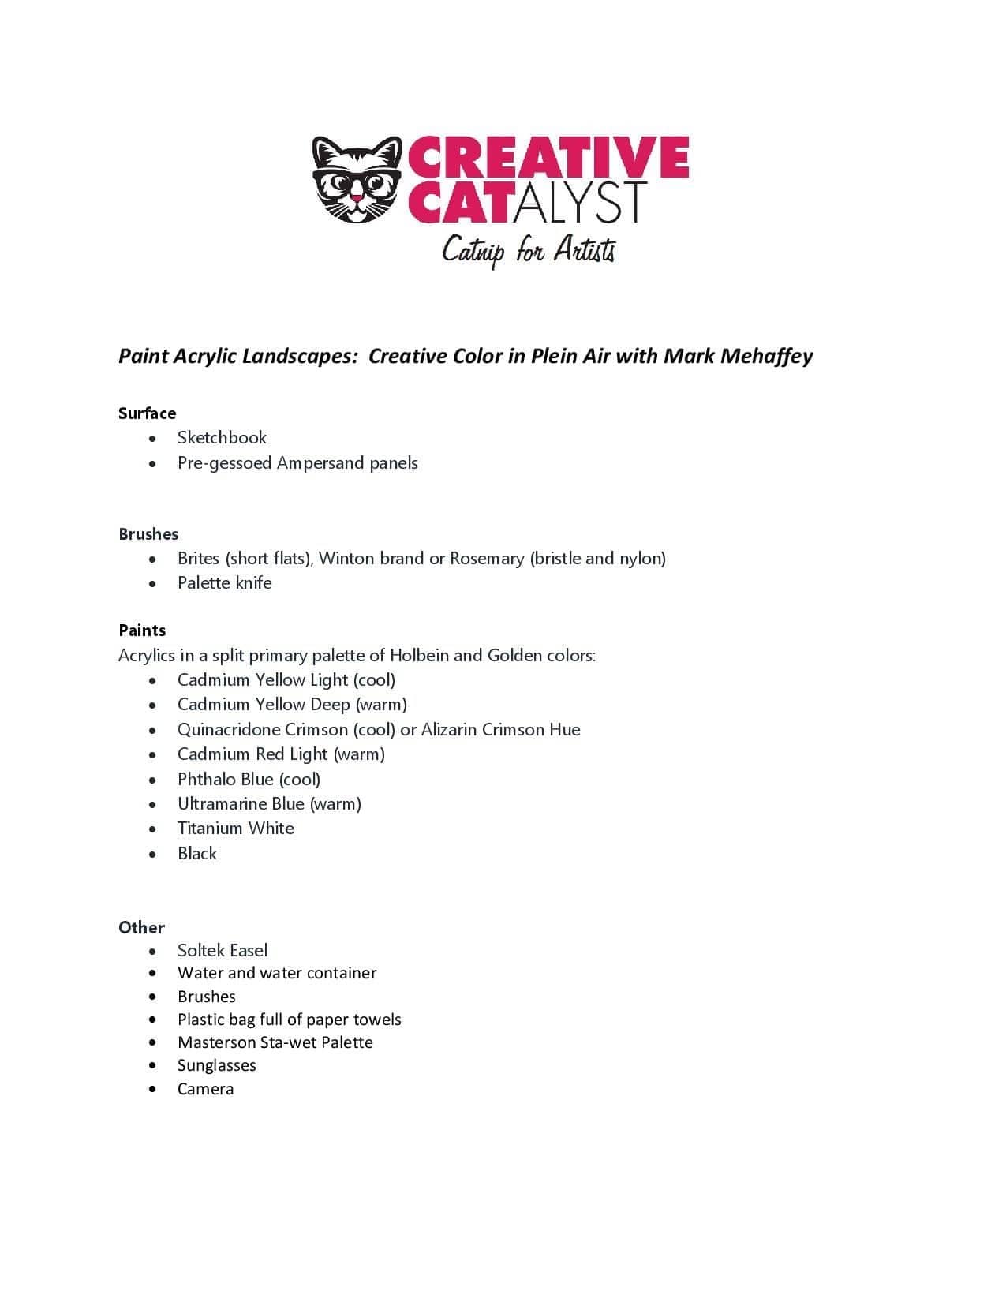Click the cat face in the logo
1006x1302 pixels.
pyautogui.click(x=357, y=180)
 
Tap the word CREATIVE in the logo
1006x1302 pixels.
pyautogui.click(x=548, y=156)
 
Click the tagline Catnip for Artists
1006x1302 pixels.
pyautogui.click(x=528, y=250)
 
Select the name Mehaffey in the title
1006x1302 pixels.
pyautogui.click(x=766, y=356)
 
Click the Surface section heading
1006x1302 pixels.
pyautogui.click(x=147, y=413)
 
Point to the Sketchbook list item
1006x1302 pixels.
pyautogui.click(x=222, y=438)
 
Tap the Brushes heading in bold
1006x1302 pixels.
pyautogui.click(x=148, y=534)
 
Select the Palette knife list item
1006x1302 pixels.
pyautogui.click(x=224, y=583)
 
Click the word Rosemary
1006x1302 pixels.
pyautogui.click(x=487, y=559)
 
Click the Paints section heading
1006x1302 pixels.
pyautogui.click(x=142, y=630)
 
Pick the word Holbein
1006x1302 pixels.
pyautogui.click(x=419, y=655)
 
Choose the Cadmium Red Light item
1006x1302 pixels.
pyautogui.click(x=281, y=754)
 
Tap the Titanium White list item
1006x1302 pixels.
pyautogui.click(x=235, y=829)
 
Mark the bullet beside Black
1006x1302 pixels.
pyautogui.click(x=152, y=855)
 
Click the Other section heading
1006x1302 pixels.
pyautogui.click(x=141, y=928)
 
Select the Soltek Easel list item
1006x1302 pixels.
pyautogui.click(x=222, y=951)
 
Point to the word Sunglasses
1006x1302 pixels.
pyautogui.click(x=216, y=1066)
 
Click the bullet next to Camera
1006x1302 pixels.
pyautogui.click(x=152, y=1090)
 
